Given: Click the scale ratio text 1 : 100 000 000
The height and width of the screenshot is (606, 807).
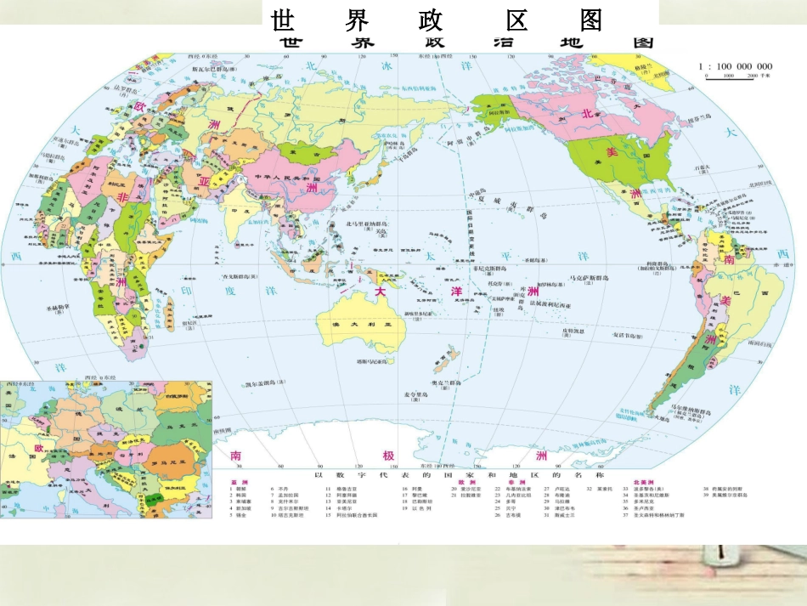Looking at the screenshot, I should point(735,66).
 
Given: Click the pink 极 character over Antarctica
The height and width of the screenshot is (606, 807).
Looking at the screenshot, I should point(388,456).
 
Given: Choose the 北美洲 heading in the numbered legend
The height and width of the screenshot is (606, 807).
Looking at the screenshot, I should point(635,481).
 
